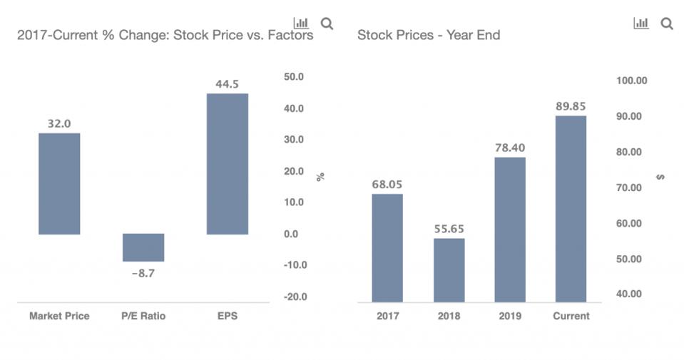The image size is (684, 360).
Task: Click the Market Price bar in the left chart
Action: point(59,183)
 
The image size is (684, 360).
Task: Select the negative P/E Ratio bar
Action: point(143,247)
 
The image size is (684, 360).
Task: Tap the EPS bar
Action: point(228,163)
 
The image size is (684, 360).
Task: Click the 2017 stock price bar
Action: point(387,247)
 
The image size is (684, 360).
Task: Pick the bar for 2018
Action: point(449,269)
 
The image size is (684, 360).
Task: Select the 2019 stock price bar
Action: point(510,229)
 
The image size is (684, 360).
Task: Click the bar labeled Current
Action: point(571,208)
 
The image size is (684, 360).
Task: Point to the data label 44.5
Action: point(228,84)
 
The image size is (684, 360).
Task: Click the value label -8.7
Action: point(143,273)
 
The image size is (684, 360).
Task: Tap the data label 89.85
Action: point(571,106)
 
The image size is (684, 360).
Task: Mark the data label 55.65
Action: point(449,229)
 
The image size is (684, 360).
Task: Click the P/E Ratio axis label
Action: point(143,316)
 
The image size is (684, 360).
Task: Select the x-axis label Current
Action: point(571,316)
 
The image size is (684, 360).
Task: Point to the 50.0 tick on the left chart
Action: point(294,77)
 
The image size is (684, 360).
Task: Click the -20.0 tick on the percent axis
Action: point(293,297)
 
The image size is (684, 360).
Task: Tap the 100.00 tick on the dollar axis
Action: point(631,81)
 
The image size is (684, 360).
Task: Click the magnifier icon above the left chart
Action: point(327,24)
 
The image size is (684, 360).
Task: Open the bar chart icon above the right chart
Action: point(641,24)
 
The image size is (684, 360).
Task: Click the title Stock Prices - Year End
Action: point(429,35)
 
